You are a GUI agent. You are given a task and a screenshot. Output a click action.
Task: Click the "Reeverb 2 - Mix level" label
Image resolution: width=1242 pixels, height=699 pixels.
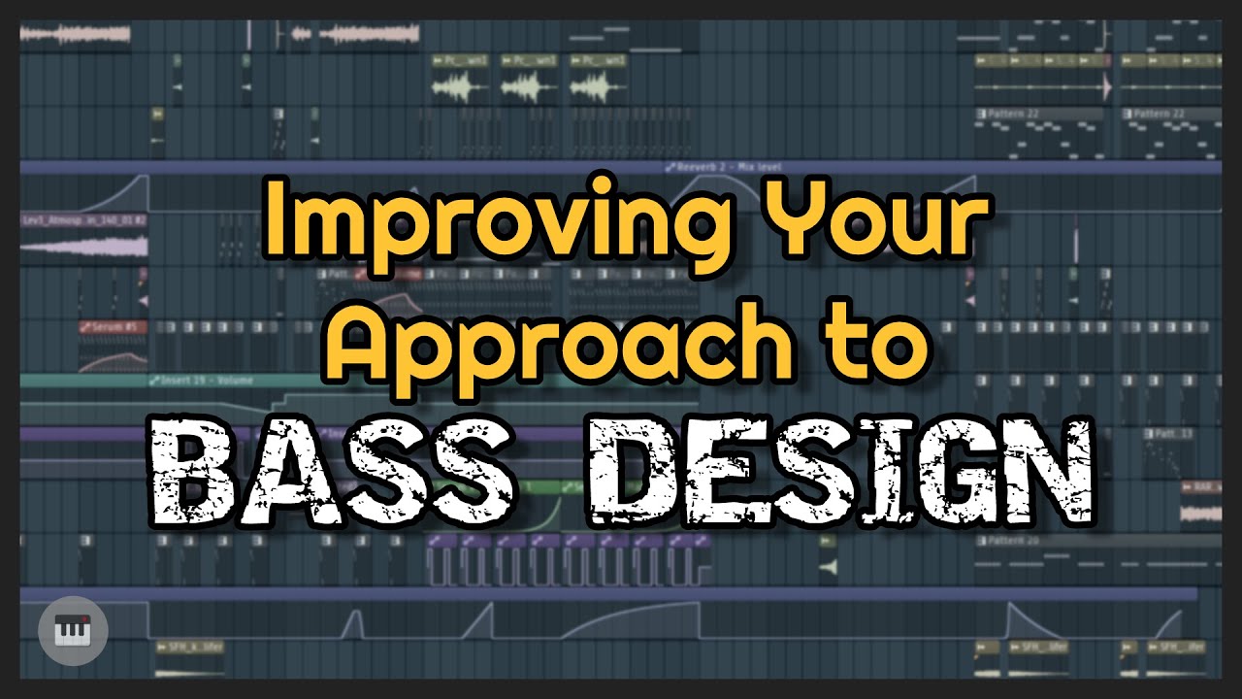coord(723,167)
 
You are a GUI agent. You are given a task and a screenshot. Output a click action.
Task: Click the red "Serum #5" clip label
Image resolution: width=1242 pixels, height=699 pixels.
coord(110,327)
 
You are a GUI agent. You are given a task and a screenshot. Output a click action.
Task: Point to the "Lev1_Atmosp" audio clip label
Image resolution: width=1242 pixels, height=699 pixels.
coord(82,220)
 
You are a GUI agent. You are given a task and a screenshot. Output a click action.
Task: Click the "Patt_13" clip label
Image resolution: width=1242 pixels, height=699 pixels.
coord(1169,433)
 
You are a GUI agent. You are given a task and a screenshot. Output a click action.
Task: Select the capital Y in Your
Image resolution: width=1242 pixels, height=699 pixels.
coord(781,223)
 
